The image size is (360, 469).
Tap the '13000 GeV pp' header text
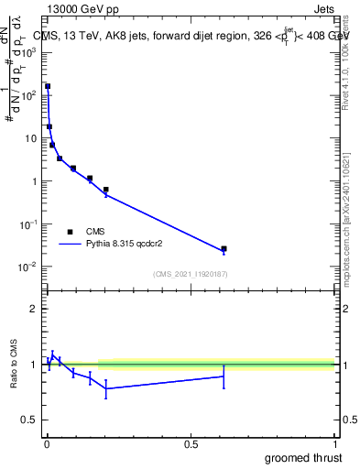pos(83,8)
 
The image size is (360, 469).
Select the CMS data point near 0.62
pos(224,248)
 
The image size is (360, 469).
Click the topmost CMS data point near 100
pos(48,86)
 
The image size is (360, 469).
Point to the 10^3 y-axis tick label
pos(29,52)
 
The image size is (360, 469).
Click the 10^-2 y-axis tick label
pos(29,267)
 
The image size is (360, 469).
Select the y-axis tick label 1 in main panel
pos(35,181)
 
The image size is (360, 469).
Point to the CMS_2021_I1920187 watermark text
pos(190,275)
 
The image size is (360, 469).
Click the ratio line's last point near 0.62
pos(224,376)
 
